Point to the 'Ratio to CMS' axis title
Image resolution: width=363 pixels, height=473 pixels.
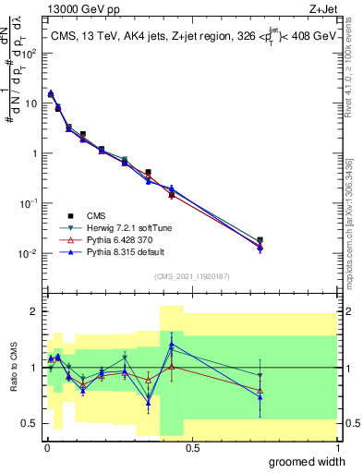(13, 370)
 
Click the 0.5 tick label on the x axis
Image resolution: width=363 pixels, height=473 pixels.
(192, 448)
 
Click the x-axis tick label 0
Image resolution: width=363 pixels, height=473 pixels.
(45, 448)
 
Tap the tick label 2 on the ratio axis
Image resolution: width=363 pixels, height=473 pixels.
(34, 311)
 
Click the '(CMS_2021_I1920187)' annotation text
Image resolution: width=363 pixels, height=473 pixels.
(192, 275)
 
